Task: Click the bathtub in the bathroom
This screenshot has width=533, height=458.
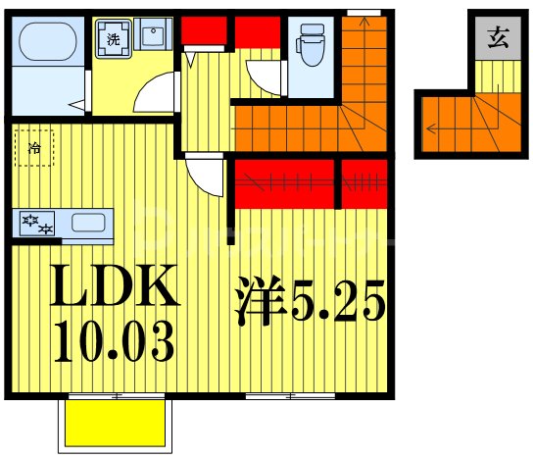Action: (48, 41)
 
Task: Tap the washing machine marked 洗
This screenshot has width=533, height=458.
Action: (114, 39)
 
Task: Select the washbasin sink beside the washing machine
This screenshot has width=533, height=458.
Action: (153, 34)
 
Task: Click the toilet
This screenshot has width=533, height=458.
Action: (311, 44)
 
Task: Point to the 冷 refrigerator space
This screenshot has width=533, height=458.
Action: (34, 148)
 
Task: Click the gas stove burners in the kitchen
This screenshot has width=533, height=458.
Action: (37, 224)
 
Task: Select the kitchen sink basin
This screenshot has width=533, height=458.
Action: (88, 223)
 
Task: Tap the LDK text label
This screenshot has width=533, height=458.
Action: (115, 285)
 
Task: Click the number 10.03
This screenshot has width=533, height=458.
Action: (115, 341)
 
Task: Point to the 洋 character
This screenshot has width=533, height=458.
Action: (260, 300)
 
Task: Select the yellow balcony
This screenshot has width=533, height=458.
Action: (116, 424)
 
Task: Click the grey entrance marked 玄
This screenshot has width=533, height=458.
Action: (498, 38)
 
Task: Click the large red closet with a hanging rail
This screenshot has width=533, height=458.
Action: (284, 183)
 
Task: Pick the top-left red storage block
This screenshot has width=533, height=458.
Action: (204, 30)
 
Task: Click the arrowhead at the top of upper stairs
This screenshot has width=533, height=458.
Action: (364, 22)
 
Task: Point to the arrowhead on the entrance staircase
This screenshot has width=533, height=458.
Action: (430, 129)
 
